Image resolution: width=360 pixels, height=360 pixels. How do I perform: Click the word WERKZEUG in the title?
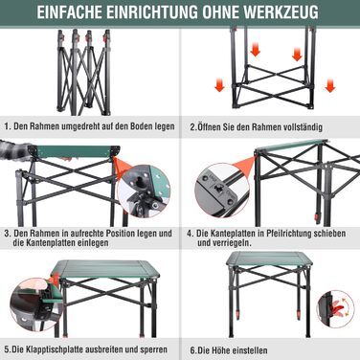pyautogui.click(x=280, y=12)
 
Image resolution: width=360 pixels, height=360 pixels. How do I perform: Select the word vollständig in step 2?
pyautogui.click(x=303, y=127)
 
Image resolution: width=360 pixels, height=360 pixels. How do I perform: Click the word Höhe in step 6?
pyautogui.click(x=218, y=350)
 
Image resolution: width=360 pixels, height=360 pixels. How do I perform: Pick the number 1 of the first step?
pyautogui.click(x=7, y=126)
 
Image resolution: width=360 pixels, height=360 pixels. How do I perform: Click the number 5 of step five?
pyautogui.click(x=7, y=349)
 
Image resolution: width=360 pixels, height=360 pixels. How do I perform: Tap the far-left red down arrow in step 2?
pyautogui.click(x=219, y=86)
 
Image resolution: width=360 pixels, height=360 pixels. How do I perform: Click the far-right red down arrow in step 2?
pyautogui.click(x=330, y=86)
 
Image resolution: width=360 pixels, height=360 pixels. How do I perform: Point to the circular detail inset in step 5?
pyautogui.click(x=35, y=304)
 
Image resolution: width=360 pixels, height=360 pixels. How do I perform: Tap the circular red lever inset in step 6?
pyautogui.click(x=335, y=309)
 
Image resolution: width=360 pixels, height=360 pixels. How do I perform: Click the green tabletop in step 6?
pyautogui.click(x=270, y=259)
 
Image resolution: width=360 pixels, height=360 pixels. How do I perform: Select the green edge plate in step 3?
pyautogui.click(x=74, y=151)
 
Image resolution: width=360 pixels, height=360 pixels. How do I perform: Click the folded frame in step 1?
pyautogui.click(x=84, y=72)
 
